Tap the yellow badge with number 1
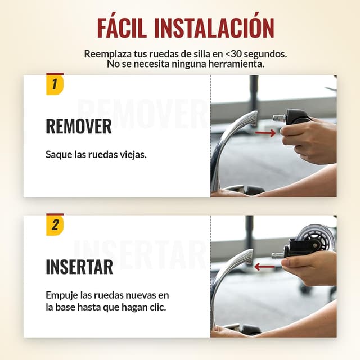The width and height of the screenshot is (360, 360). (55, 84)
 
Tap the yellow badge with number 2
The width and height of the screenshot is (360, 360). (55, 224)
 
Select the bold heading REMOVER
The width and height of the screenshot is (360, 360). (79, 126)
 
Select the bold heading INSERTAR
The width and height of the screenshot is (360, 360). (79, 267)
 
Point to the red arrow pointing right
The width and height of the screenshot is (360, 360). (265, 133)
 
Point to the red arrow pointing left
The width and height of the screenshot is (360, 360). (264, 267)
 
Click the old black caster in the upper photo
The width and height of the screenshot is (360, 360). (296, 117)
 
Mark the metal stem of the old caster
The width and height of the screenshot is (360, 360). (279, 118)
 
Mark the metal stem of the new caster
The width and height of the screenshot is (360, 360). (278, 255)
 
